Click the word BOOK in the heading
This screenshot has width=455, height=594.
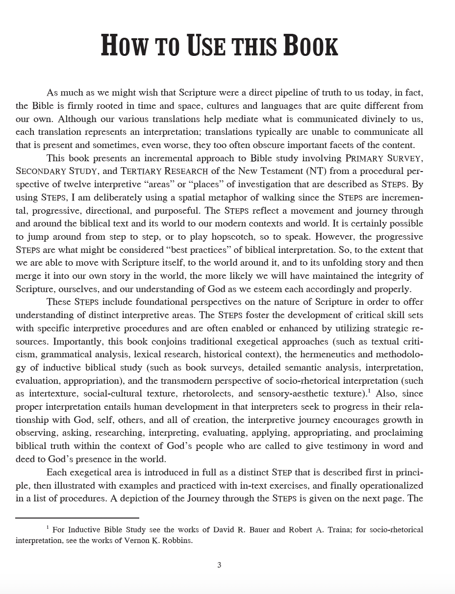pyautogui.click(x=304, y=46)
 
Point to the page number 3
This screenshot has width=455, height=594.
pyautogui.click(x=219, y=565)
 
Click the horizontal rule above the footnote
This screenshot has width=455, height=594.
pyautogui.click(x=77, y=518)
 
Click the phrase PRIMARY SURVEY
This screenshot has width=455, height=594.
pyautogui.click(x=384, y=158)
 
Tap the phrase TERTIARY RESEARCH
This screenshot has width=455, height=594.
pyautogui.click(x=166, y=171)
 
